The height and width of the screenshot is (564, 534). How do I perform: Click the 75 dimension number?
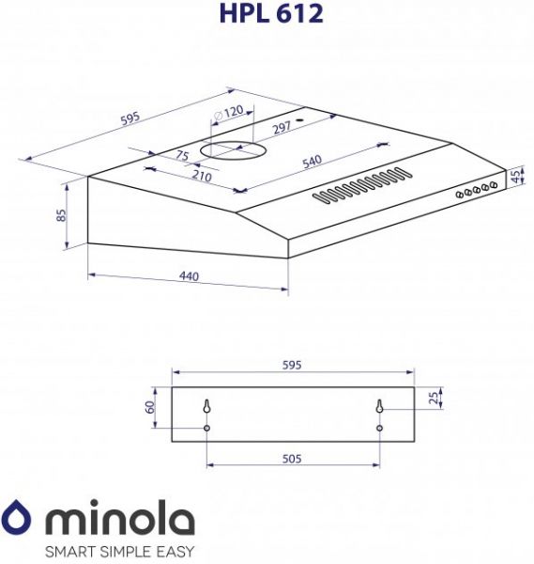pyautogui.click(x=182, y=156)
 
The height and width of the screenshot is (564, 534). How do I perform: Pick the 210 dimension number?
pyautogui.click(x=201, y=176)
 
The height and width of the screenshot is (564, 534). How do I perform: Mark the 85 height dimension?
pyautogui.click(x=61, y=214)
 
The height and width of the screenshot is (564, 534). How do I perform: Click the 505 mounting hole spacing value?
pyautogui.click(x=291, y=459)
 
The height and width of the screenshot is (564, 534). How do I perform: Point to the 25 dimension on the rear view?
pyautogui.click(x=432, y=398)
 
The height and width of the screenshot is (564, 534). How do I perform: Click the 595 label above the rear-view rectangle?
pyautogui.click(x=291, y=366)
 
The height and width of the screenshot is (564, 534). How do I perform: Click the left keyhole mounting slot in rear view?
pyautogui.click(x=206, y=407)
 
